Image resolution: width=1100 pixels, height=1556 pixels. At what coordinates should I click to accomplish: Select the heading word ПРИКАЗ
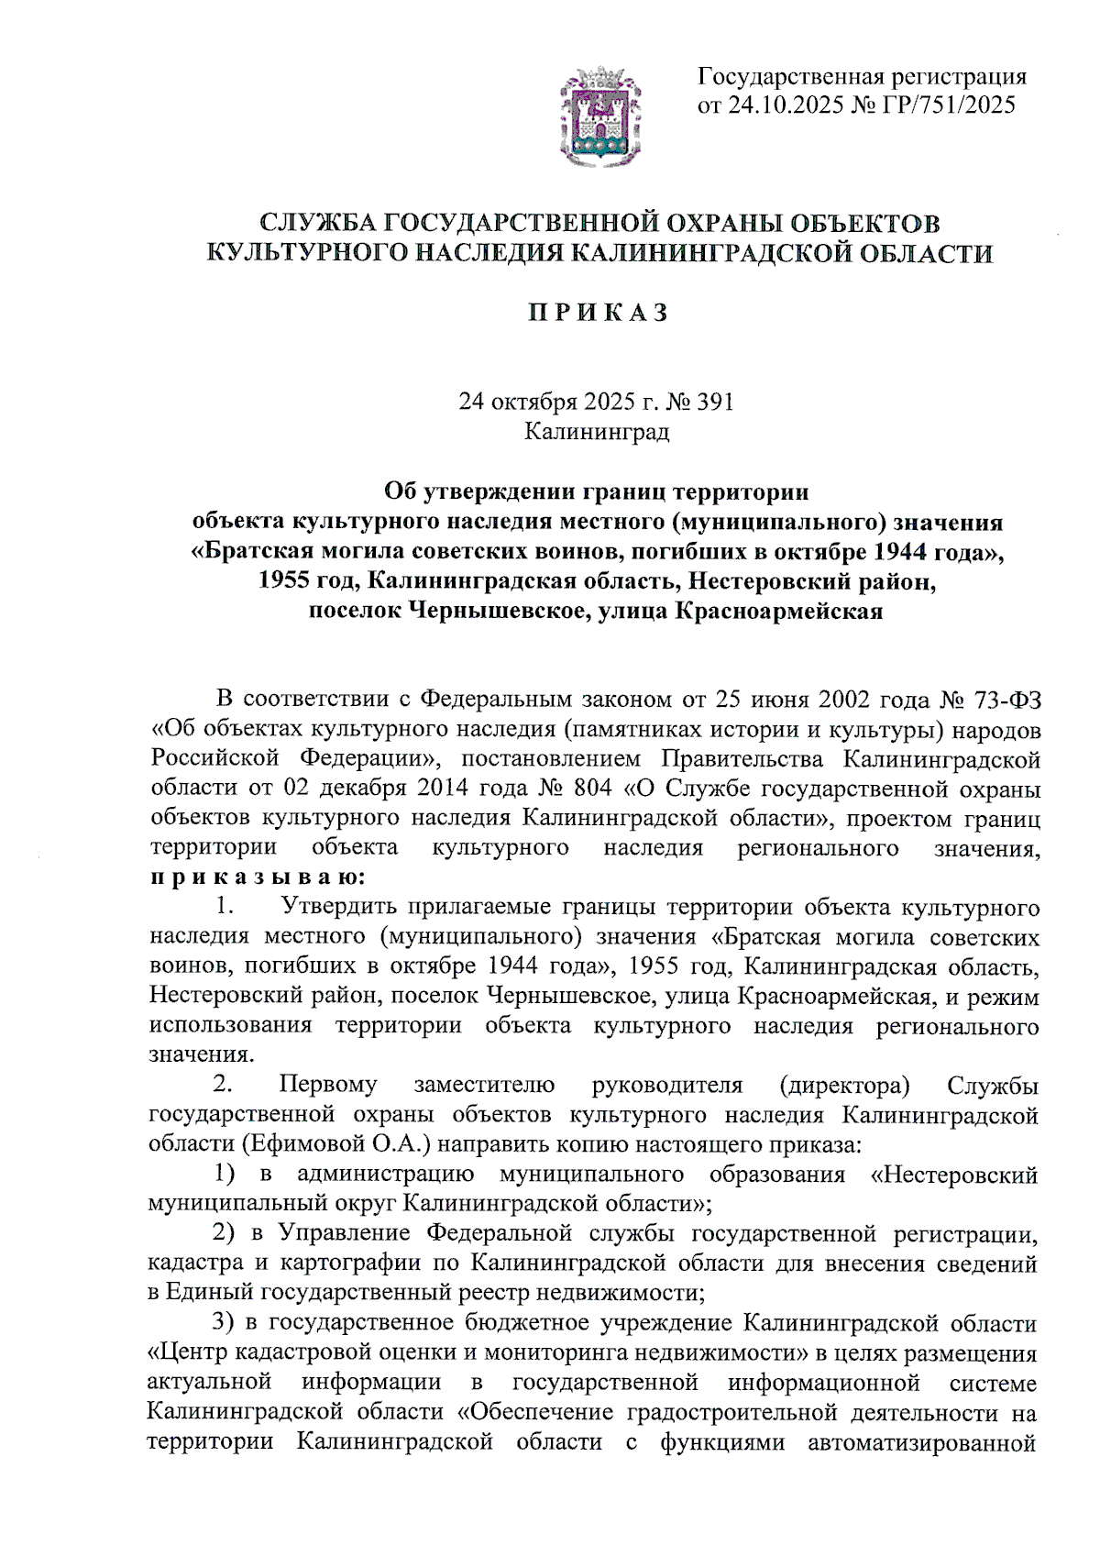click(598, 314)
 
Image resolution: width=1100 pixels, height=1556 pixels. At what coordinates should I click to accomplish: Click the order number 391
click(715, 402)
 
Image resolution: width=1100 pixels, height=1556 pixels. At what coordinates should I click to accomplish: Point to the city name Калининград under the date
click(597, 431)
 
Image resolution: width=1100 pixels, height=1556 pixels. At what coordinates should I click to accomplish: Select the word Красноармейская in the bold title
click(778, 611)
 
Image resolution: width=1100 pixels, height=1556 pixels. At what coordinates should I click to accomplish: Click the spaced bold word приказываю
click(258, 877)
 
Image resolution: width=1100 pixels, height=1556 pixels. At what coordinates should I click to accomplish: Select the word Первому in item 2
click(327, 1086)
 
